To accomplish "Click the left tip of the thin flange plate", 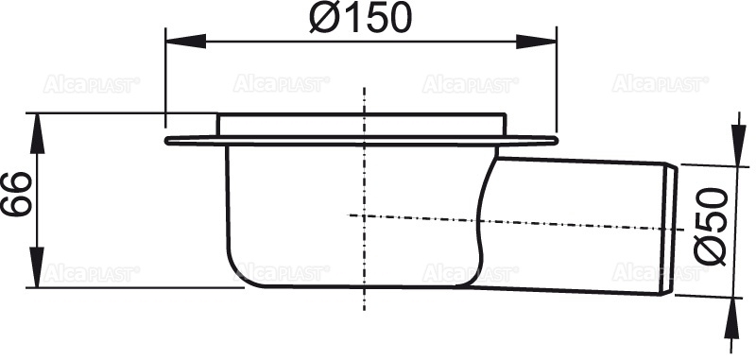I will coord(167,142).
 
